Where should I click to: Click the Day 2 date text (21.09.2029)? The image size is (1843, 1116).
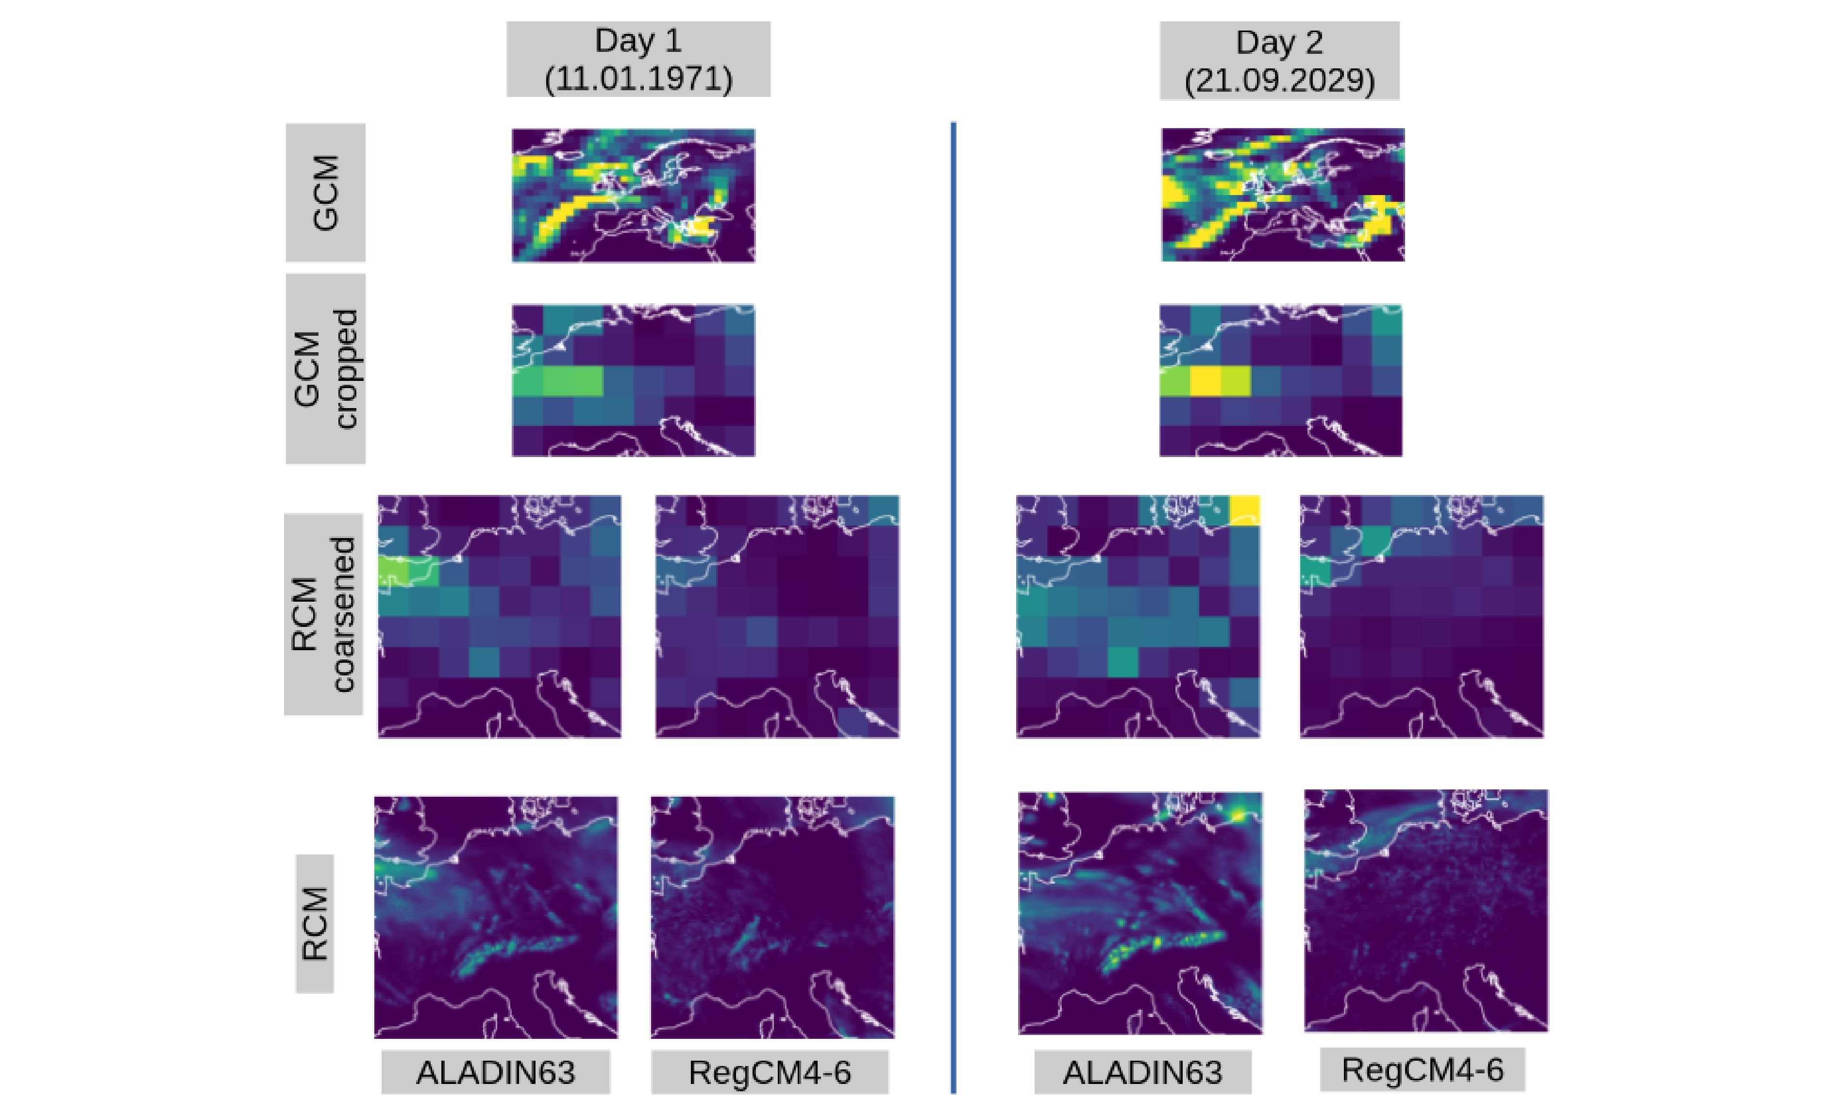(1279, 80)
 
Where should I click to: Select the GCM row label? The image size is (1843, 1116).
(325, 193)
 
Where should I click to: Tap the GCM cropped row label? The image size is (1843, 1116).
(325, 368)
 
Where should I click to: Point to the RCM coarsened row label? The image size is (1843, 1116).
(323, 614)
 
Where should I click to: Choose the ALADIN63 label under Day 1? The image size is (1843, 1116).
(496, 1072)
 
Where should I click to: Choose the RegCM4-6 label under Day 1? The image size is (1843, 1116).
(770, 1072)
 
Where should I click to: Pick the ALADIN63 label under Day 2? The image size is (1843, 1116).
(1142, 1072)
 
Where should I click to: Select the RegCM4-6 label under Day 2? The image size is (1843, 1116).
(1422, 1069)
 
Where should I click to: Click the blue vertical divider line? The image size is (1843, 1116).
(953, 598)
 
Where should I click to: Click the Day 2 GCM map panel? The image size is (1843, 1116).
(1283, 195)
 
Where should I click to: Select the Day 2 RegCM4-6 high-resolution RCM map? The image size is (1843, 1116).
(1425, 910)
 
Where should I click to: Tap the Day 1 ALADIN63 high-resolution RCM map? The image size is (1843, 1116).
(496, 917)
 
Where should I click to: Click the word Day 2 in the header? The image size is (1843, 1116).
(1279, 42)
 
